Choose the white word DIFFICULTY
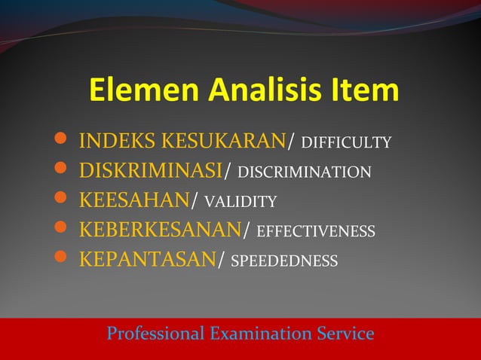click(345, 142)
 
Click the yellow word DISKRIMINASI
click(151, 171)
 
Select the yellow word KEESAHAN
click(133, 200)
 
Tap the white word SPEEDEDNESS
click(283, 261)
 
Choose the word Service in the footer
click(346, 332)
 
